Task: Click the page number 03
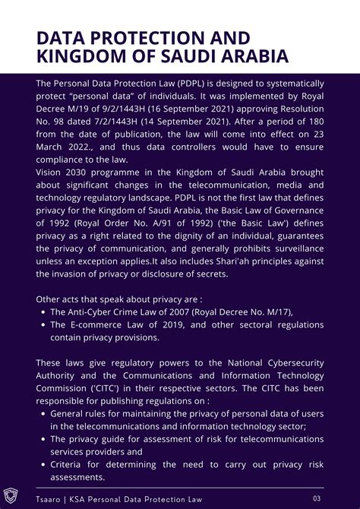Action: tap(317, 498)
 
